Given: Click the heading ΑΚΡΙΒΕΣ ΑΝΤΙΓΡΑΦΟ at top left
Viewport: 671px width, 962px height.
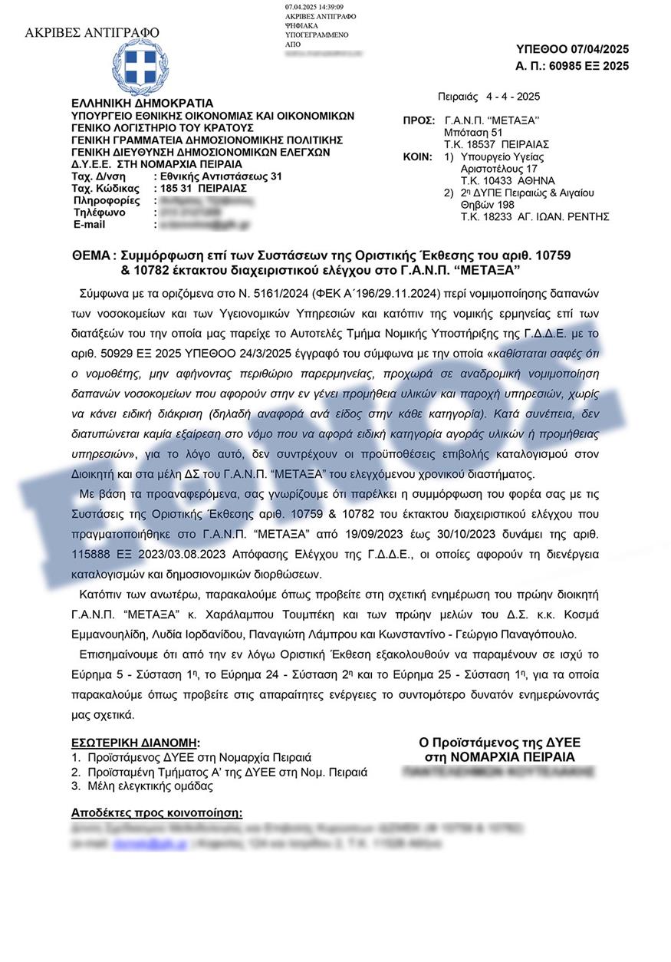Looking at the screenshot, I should click(92, 32).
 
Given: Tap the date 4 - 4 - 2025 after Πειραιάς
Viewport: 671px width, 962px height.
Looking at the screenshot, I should click(513, 97).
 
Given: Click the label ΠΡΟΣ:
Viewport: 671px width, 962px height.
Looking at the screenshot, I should click(419, 120).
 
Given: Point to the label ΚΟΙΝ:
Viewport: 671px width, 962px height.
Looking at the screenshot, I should click(419, 156).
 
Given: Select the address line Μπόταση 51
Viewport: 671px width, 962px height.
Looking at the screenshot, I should click(473, 133).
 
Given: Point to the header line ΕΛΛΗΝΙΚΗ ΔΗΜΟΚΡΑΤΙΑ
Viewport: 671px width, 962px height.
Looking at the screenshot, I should click(142, 104).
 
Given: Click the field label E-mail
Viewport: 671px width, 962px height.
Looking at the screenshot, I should click(89, 225).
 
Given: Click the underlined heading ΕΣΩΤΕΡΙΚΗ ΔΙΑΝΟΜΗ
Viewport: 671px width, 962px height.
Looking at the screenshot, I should click(135, 743).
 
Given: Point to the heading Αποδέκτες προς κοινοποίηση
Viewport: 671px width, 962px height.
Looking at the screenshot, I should click(156, 813).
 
